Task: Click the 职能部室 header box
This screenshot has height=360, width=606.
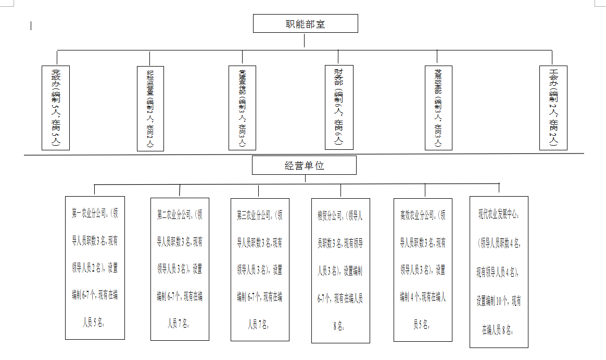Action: tap(306, 23)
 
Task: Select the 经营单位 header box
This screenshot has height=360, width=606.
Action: tap(304, 165)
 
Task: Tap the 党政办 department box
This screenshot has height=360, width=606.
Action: tap(55, 107)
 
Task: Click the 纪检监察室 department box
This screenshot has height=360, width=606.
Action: tap(150, 108)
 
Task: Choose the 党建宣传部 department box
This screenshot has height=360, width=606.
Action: tap(242, 107)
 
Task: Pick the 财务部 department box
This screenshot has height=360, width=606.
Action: tap(338, 107)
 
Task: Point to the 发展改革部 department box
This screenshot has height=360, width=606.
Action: tap(438, 107)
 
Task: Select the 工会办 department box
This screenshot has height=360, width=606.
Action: tap(553, 107)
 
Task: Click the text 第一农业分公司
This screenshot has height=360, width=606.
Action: tap(89, 213)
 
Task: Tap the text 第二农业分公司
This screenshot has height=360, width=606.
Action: tap(175, 214)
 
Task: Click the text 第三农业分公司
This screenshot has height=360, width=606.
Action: tap(255, 214)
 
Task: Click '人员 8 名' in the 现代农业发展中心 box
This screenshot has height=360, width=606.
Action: tap(499, 330)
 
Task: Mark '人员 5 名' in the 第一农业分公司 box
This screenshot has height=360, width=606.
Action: tap(94, 323)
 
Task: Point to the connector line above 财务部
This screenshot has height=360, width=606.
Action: tap(338, 57)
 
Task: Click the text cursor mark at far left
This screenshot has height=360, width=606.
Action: tap(31, 25)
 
